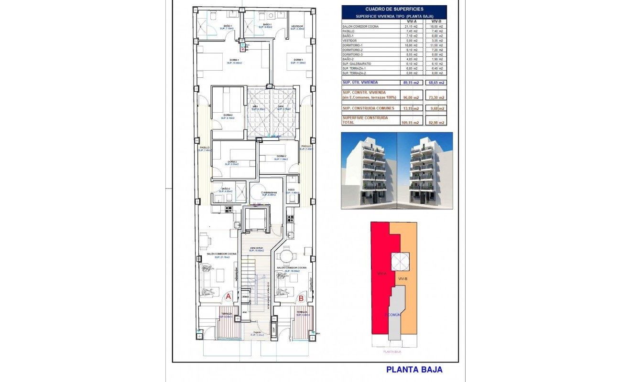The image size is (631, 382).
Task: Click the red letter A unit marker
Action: click(228, 297)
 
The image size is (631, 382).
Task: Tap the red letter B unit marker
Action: click(301, 299)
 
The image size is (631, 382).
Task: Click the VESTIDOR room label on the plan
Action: click(297, 26)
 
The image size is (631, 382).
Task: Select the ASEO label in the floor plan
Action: click(292, 190)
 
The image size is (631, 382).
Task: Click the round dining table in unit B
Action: click(286, 257)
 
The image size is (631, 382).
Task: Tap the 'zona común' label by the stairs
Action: click(256, 248)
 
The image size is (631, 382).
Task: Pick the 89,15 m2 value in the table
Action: click(412, 83)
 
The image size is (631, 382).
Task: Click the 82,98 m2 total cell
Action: click(435, 123)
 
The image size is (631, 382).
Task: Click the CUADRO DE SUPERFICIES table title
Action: click(394, 9)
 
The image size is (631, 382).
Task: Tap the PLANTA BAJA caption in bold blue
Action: click(414, 369)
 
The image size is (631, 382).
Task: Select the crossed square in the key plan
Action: click(400, 261)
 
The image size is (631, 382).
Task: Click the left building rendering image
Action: click(369, 170)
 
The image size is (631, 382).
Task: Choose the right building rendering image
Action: click(425, 170)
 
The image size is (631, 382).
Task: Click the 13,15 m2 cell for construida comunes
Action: click(412, 108)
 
